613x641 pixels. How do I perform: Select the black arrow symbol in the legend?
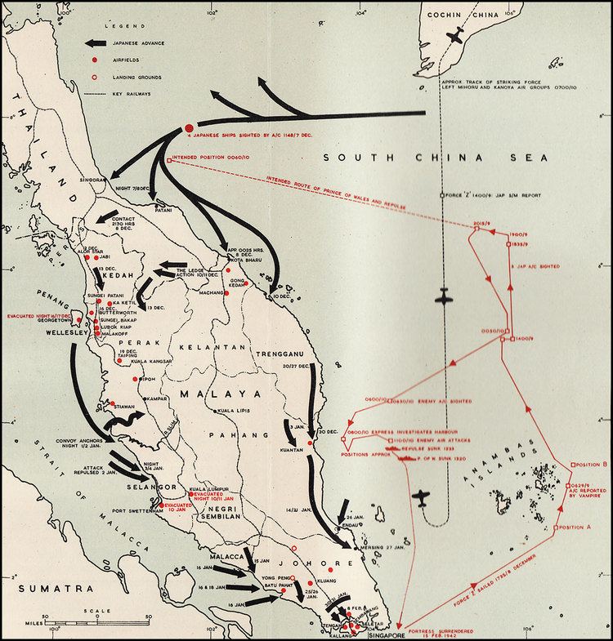pos(99,43)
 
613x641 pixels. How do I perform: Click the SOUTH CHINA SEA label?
pos(435,157)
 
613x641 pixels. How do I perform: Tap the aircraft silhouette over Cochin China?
pos(457,36)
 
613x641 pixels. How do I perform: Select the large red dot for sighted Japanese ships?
pos(189,127)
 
